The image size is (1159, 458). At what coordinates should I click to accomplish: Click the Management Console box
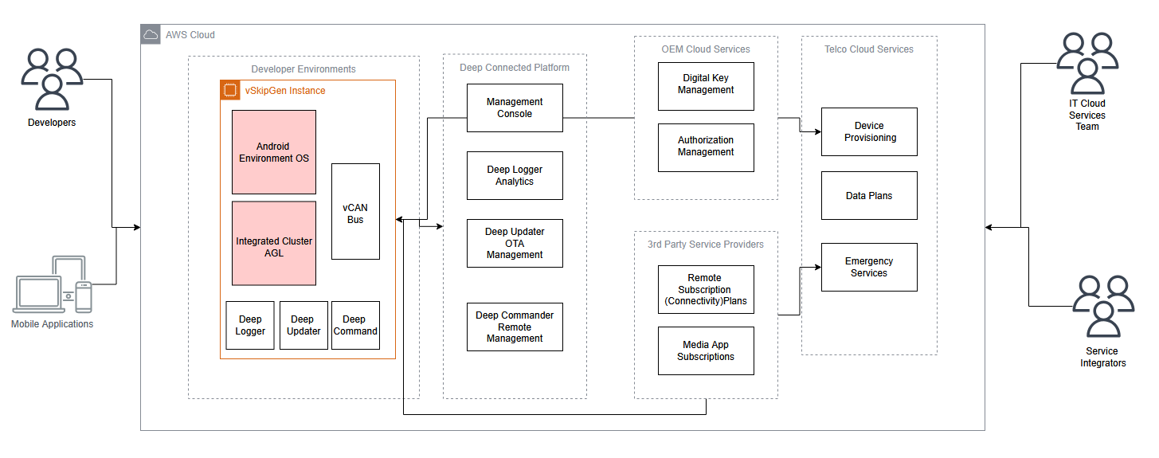coord(515,108)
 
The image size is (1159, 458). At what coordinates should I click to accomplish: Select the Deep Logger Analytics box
coord(515,176)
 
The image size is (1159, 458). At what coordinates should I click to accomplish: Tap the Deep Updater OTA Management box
coord(515,244)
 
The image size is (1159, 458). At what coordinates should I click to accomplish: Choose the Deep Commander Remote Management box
coord(515,327)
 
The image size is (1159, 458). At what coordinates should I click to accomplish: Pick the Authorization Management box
coord(706,147)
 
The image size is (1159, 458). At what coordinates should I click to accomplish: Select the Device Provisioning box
coord(869,131)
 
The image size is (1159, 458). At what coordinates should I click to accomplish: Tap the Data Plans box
coord(869,195)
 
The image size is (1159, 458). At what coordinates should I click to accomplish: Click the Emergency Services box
coord(869,267)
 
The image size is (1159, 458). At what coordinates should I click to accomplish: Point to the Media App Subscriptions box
coord(706,350)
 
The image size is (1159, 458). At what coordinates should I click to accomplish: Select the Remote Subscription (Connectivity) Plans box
coord(706,290)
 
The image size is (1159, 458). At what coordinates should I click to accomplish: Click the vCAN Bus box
coord(355,211)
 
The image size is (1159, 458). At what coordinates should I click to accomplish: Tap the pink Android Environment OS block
coord(274,152)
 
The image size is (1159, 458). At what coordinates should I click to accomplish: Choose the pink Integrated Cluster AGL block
coord(274,243)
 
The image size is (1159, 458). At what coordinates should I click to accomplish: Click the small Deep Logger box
coord(250,325)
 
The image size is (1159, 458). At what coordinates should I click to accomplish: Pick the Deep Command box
coord(355,325)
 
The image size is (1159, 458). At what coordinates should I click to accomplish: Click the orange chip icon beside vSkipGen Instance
coord(229,90)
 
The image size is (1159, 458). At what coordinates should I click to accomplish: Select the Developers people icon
coord(52,79)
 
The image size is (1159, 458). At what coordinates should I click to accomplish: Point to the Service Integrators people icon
coord(1103,307)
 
